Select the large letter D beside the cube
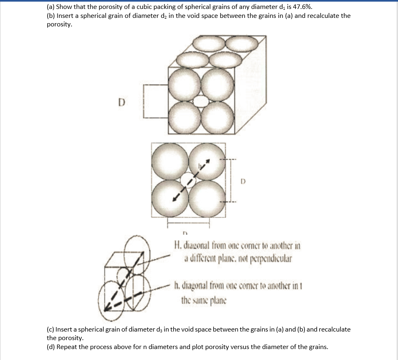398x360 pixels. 121,102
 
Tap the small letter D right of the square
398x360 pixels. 243,180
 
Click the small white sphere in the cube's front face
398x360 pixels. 200,101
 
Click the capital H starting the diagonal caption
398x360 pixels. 177,245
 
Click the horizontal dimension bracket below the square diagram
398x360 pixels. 188,221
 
